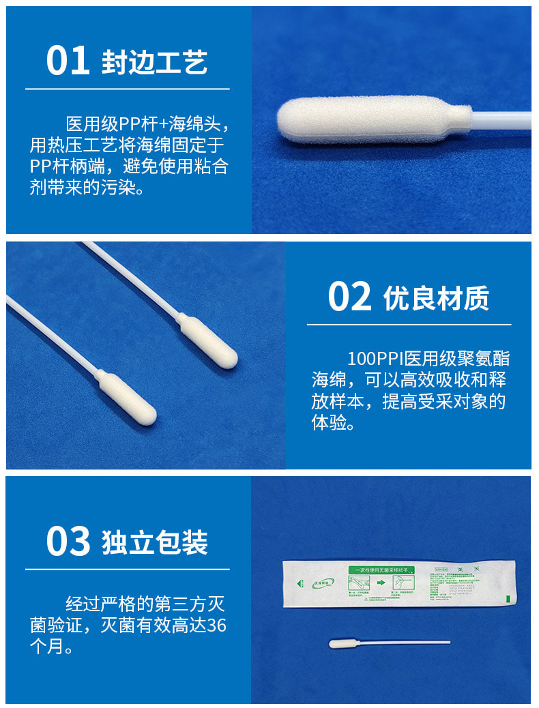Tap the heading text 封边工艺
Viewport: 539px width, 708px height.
(x=155, y=62)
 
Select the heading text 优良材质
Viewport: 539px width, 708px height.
(x=437, y=298)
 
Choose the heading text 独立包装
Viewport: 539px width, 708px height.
(x=155, y=542)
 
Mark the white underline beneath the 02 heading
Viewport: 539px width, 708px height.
(x=409, y=325)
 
